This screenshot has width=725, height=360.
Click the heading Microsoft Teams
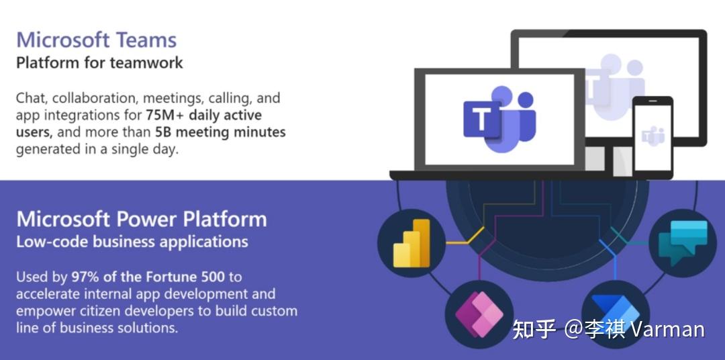coord(96,40)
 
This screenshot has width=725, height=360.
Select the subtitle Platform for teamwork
coord(99,63)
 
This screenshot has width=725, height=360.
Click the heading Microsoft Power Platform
coord(142,220)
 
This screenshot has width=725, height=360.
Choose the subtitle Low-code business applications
coord(132,242)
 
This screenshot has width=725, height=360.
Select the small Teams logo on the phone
coord(652,137)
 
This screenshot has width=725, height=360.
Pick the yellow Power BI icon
coord(412,242)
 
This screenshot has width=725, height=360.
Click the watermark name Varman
coord(668,330)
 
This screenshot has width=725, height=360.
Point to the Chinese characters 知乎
coord(534,330)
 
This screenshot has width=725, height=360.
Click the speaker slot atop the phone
coord(652,102)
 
